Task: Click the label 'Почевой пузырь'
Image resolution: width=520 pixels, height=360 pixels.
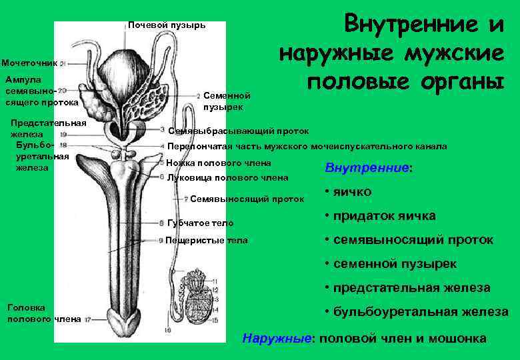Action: pos(167,25)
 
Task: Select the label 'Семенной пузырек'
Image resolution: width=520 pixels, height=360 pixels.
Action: pos(227,101)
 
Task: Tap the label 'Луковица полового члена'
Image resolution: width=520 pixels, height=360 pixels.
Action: pos(227,177)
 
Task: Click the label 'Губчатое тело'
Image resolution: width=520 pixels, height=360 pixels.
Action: pos(200,223)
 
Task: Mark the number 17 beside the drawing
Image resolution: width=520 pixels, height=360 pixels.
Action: pos(87,320)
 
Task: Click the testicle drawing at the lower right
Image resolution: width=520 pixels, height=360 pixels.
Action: pos(199,293)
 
